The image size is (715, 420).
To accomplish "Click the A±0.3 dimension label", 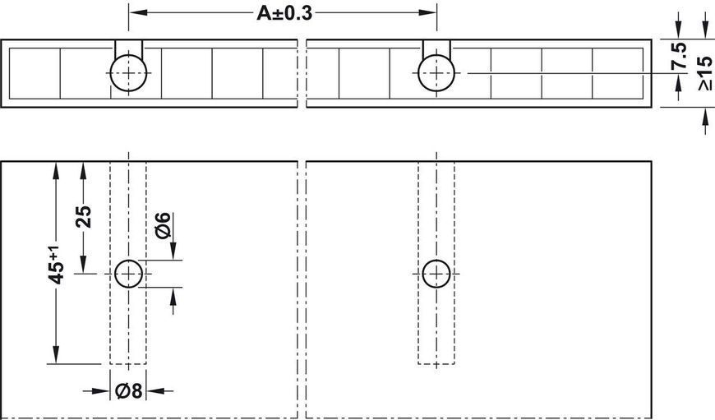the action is coord(284,13).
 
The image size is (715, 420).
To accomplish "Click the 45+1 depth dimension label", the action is coord(56,265).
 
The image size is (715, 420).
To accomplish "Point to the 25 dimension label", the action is coord(84,217).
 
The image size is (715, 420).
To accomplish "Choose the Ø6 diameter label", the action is coord(163,225).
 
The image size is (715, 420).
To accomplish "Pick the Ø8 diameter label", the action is coord(129,390).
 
